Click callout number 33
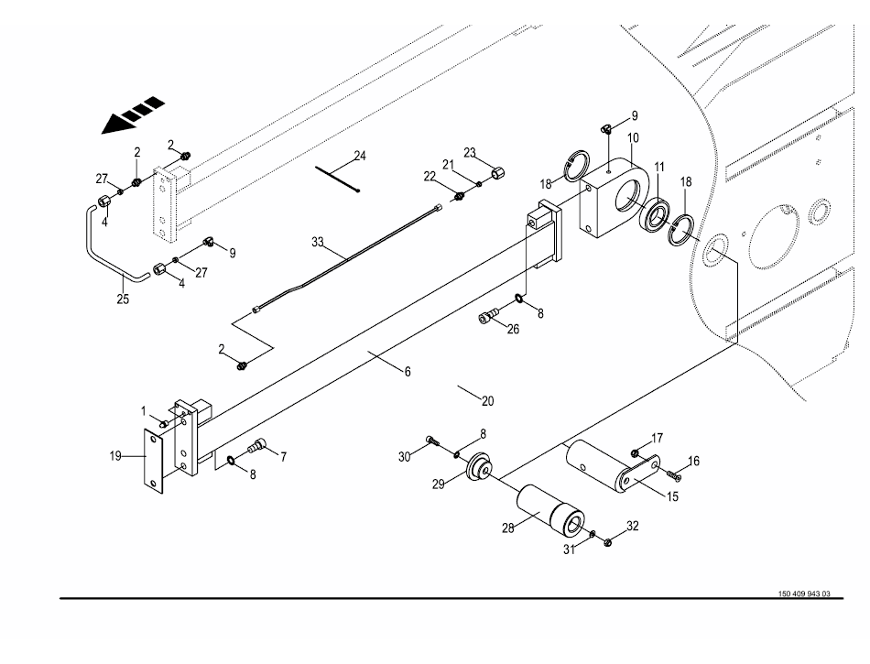point(318,243)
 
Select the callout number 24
point(360,156)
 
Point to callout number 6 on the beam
point(408,372)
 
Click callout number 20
point(487,400)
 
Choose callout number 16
point(693,462)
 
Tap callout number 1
point(143,409)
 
